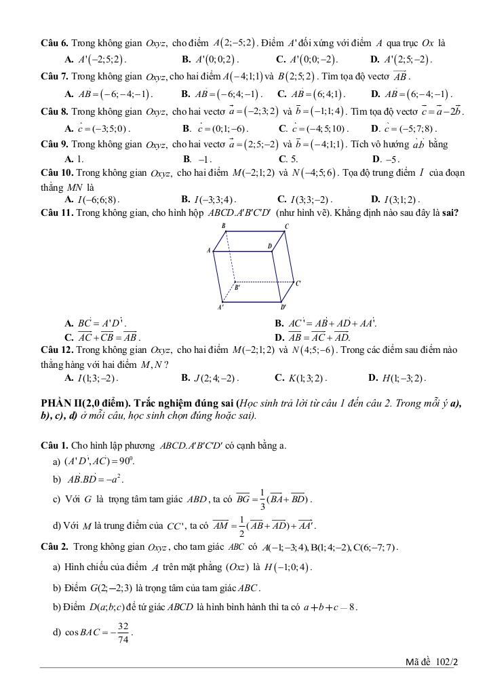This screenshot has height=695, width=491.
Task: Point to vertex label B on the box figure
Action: (x=223, y=226)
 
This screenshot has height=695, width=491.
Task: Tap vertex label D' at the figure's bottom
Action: (x=284, y=307)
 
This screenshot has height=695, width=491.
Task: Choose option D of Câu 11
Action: (x=312, y=337)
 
